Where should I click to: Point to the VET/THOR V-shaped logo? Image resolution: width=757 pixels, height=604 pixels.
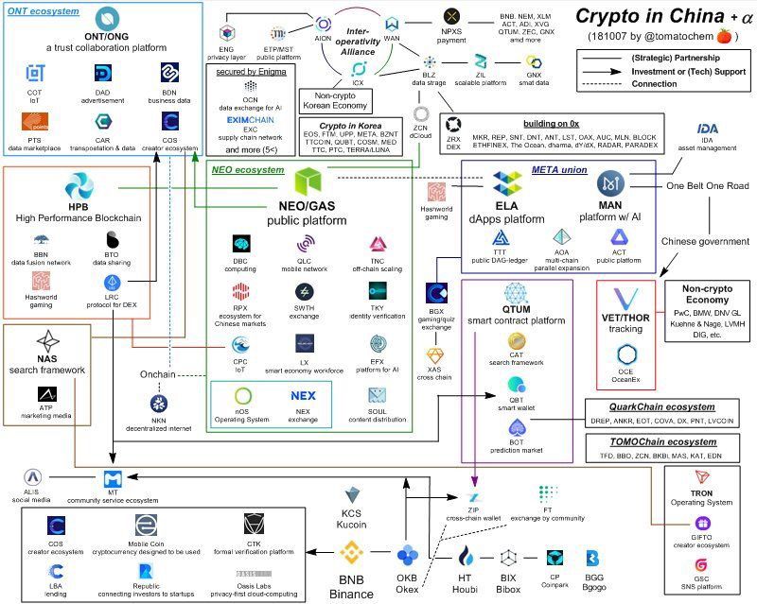[626, 302]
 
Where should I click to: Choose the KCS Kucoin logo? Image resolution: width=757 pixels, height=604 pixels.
[354, 494]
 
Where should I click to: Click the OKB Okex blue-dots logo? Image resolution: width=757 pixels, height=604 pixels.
[408, 555]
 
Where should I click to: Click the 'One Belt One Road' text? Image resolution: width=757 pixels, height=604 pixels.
[709, 186]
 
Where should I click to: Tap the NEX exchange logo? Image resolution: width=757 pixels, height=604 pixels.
[303, 395]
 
